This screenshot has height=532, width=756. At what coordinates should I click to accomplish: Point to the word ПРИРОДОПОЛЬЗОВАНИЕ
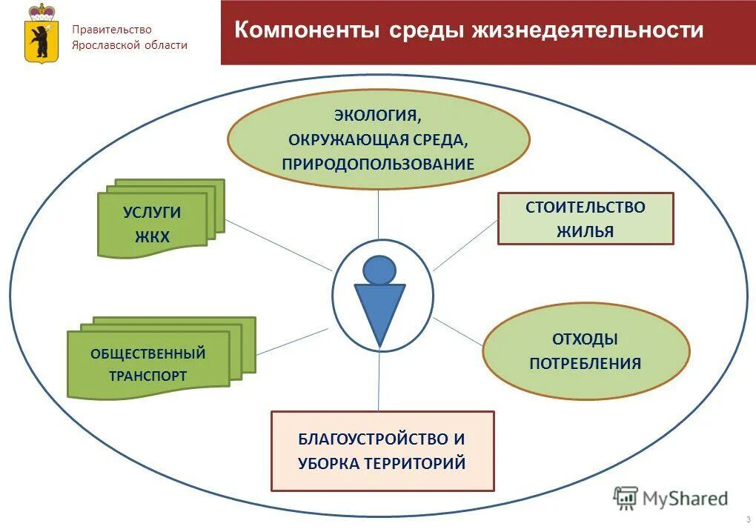pos(378,164)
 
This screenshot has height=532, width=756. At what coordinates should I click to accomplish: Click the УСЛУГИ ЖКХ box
pos(153,225)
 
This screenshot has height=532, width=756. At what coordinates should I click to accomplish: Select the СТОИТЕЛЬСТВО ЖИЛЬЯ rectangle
pos(585,219)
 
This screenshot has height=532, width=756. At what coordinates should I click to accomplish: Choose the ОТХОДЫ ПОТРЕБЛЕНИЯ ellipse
pos(585,351)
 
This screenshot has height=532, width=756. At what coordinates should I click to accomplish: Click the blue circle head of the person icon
pos(379,270)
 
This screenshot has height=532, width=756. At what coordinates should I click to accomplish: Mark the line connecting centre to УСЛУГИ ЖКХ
pos(278,245)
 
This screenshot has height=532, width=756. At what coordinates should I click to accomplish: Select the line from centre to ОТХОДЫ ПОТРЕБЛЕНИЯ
pos(458,332)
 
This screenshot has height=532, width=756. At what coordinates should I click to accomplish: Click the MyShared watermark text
pos(684,499)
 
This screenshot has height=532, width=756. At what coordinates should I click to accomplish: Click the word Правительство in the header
pos(111,30)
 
